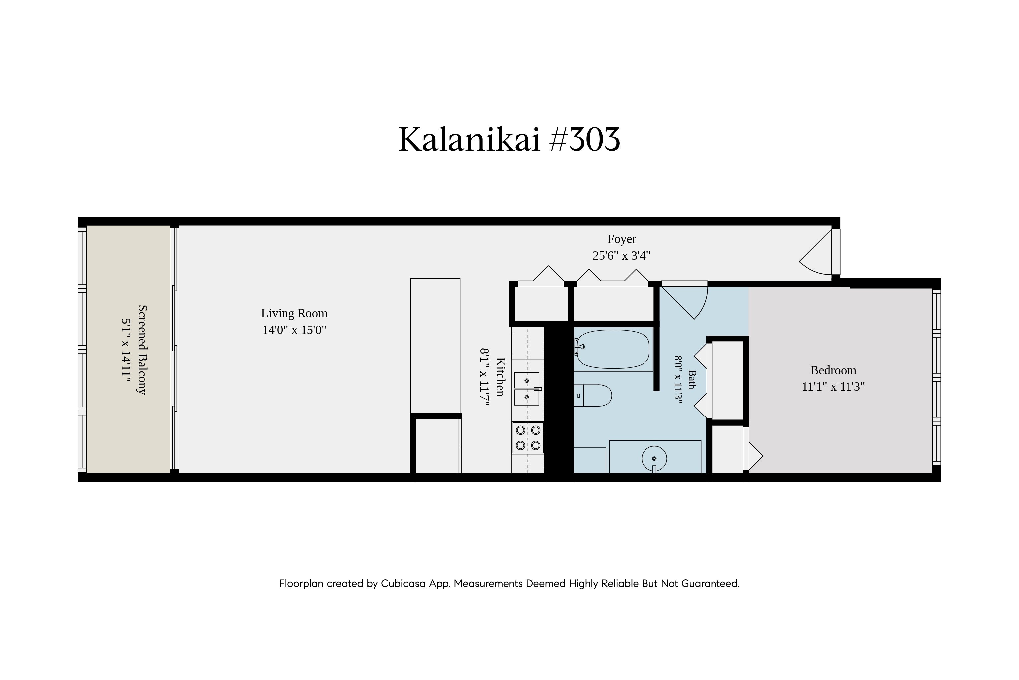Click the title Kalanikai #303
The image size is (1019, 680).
pyautogui.click(x=509, y=140)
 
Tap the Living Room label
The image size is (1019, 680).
pyautogui.click(x=294, y=313)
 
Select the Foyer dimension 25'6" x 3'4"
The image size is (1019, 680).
pyautogui.click(x=622, y=256)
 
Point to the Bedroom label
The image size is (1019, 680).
pyautogui.click(x=833, y=370)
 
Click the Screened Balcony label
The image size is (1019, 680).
pyautogui.click(x=142, y=349)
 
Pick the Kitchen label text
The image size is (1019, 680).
pyautogui.click(x=500, y=377)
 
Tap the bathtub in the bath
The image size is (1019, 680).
pyautogui.click(x=613, y=349)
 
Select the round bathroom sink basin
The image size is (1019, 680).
pyautogui.click(x=654, y=458)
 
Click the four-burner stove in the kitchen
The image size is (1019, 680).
pyautogui.click(x=528, y=438)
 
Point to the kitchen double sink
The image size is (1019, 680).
pyautogui.click(x=527, y=389)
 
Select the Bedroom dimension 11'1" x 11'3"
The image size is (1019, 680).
pyautogui.click(x=833, y=386)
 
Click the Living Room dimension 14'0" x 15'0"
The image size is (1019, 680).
pyautogui.click(x=294, y=330)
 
